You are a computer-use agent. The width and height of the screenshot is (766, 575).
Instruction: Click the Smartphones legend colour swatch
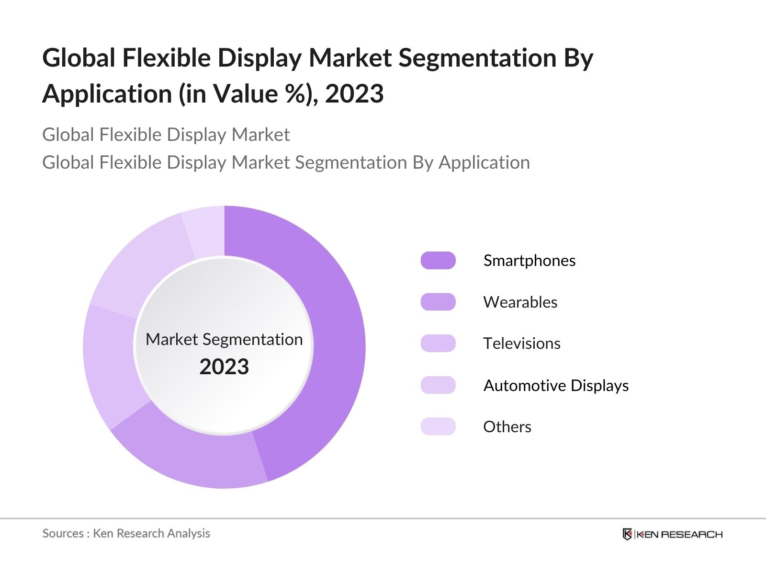438,260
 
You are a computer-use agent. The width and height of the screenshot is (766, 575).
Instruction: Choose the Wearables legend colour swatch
438,302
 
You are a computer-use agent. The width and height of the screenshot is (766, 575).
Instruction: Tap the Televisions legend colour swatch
438,344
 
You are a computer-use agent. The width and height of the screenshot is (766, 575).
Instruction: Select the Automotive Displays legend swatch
438,385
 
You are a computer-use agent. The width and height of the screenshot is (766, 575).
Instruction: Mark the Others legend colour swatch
438,426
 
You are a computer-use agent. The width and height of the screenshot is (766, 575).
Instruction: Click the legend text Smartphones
529,260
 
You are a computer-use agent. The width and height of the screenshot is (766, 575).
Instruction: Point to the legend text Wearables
520,302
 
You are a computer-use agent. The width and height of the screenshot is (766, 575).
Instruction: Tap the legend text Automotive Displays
556,385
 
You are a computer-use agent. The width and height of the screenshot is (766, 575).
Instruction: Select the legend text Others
507,426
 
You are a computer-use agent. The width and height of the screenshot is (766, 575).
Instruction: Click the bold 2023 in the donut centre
224,367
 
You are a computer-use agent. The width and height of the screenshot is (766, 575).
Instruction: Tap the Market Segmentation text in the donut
224,339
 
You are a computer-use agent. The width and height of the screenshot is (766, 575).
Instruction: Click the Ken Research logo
673,534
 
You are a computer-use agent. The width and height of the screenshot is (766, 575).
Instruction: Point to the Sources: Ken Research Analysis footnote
126,533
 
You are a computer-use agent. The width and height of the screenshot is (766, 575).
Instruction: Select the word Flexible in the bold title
167,58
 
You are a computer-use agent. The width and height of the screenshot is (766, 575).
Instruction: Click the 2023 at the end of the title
354,93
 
